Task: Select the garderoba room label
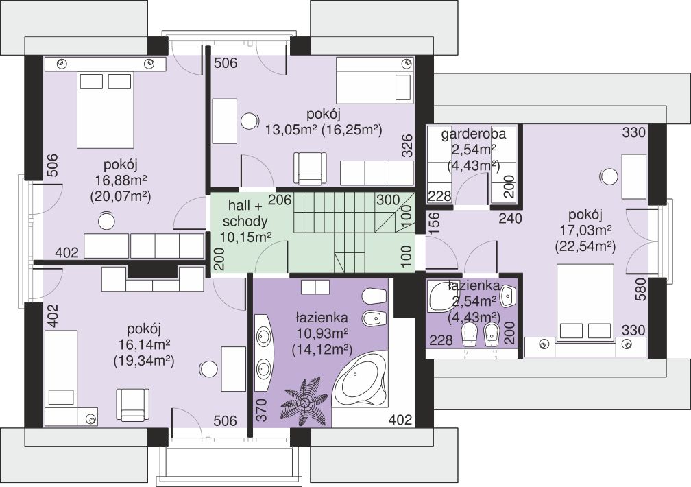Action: pyautogui.click(x=474, y=134)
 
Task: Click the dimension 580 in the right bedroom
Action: pyautogui.click(x=640, y=289)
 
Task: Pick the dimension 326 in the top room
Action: pyautogui.click(x=408, y=145)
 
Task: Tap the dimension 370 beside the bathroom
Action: pyautogui.click(x=262, y=410)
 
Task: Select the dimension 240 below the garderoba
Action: pyautogui.click(x=510, y=218)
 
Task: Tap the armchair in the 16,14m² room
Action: pyautogui.click(x=134, y=405)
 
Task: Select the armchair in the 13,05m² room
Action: pyautogui.click(x=311, y=168)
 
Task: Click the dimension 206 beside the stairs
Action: pyautogui.click(x=280, y=200)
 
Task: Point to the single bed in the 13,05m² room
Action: pyautogui.click(x=376, y=80)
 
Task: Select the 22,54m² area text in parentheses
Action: pyautogui.click(x=585, y=246)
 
